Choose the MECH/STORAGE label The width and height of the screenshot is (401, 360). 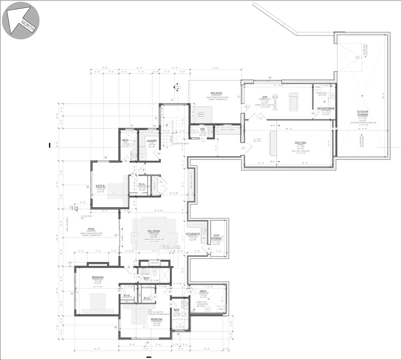click(325, 108)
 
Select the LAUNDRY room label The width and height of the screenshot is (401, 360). click(151, 140)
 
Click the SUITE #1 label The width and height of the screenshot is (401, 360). click(100, 186)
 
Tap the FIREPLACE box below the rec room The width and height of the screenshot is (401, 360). click(155, 263)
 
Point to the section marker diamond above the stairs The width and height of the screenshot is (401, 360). click(177, 87)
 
